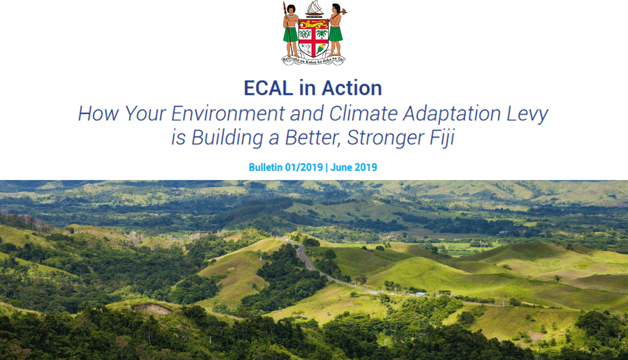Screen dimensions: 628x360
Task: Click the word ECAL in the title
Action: pyautogui.click(x=268, y=88)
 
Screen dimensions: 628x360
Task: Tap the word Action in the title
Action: pyautogui.click(x=352, y=88)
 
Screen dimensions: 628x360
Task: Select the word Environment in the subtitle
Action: pyautogui.click(x=228, y=113)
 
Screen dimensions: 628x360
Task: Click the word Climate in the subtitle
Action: pyautogui.click(x=363, y=113)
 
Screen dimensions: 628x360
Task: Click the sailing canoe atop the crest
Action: pyautogui.click(x=314, y=8)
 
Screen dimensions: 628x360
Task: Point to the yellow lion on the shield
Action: pyautogui.click(x=314, y=24)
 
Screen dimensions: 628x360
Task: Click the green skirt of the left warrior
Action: pyautogui.click(x=291, y=34)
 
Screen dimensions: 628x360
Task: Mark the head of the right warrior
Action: pyautogui.click(x=336, y=8)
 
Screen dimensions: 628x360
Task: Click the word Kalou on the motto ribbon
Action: pyautogui.click(x=311, y=62)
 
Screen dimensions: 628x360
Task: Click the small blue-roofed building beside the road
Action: pyautogui.click(x=420, y=294)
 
